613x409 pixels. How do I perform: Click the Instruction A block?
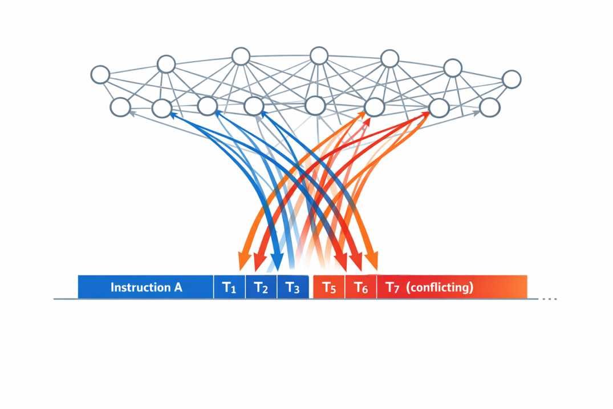(x=146, y=287)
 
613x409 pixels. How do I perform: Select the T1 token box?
(x=229, y=287)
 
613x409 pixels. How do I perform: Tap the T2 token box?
(x=261, y=287)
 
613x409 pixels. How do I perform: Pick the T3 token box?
(x=293, y=287)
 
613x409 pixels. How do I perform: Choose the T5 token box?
(x=329, y=287)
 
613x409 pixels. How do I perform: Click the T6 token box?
(x=361, y=287)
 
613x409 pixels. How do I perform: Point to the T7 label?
(x=393, y=287)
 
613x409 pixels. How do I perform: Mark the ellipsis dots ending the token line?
(x=549, y=299)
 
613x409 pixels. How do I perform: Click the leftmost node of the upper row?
(x=100, y=74)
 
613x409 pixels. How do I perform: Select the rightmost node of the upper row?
(x=511, y=79)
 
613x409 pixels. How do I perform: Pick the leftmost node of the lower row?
(x=120, y=106)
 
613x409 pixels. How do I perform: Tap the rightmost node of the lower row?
(x=489, y=107)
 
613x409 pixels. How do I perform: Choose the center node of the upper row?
(x=319, y=56)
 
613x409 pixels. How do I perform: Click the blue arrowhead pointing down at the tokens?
(x=277, y=264)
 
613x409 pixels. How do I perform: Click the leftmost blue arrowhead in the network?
(x=171, y=114)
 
